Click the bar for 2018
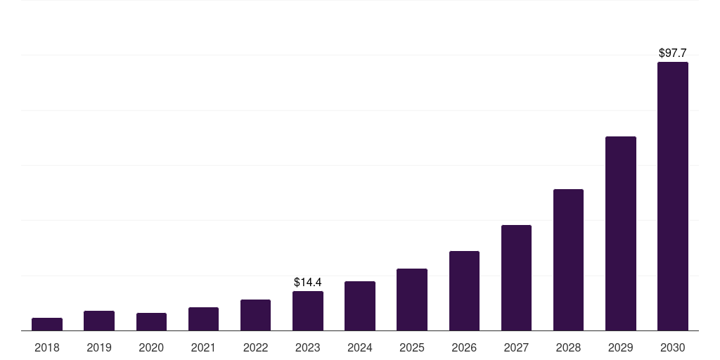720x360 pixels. coord(47,324)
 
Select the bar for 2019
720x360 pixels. coord(99,321)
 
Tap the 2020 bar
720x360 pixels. coord(151,322)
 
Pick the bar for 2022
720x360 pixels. coord(255,315)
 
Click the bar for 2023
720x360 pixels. coord(308,311)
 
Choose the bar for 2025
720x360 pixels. coord(412,300)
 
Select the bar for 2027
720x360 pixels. coord(516,278)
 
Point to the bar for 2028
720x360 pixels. coord(568,259)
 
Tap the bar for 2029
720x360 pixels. coord(621,233)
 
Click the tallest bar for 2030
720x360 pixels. coord(673,196)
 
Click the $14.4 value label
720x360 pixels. coord(308,282)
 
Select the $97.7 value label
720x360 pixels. coord(673,53)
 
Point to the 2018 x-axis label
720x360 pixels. coord(47,347)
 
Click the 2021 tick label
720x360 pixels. coord(203,347)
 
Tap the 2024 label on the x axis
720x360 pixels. coord(360,347)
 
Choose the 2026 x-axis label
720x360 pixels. coord(464,347)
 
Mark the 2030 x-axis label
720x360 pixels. coord(673,347)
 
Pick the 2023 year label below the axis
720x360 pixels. coord(308,347)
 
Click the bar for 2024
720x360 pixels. coord(360,306)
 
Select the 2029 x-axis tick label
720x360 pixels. coord(621,347)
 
